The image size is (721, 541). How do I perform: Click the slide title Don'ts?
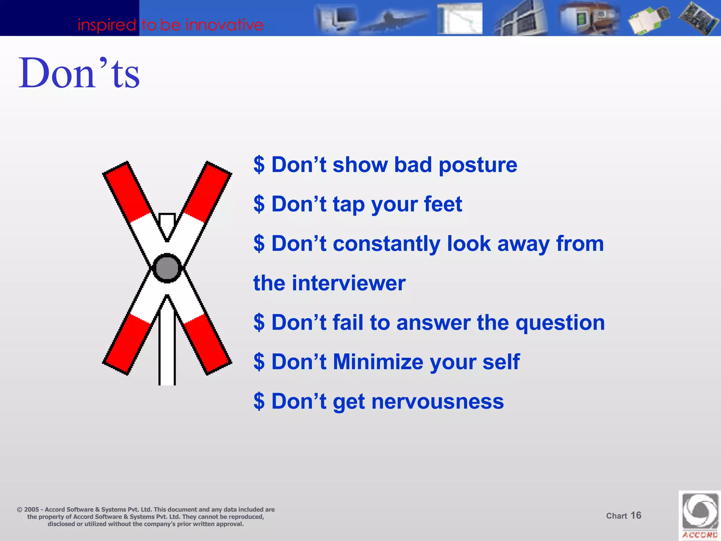[x=79, y=73]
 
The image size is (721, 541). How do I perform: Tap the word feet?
[x=443, y=204]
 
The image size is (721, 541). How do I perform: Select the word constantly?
[x=386, y=244]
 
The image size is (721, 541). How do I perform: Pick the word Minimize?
[x=378, y=362]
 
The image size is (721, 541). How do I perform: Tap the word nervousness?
[x=437, y=402]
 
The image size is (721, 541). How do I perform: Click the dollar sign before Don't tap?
[x=259, y=204]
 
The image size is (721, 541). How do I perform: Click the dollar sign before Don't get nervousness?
[x=259, y=402]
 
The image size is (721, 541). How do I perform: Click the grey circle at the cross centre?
[x=167, y=268]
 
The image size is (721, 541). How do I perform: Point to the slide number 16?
[x=636, y=515]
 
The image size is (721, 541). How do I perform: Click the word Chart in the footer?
[x=616, y=516]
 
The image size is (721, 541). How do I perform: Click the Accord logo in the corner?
[x=700, y=515]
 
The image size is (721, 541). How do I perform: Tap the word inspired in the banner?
[x=107, y=25]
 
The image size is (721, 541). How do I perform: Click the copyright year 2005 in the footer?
[x=31, y=510]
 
